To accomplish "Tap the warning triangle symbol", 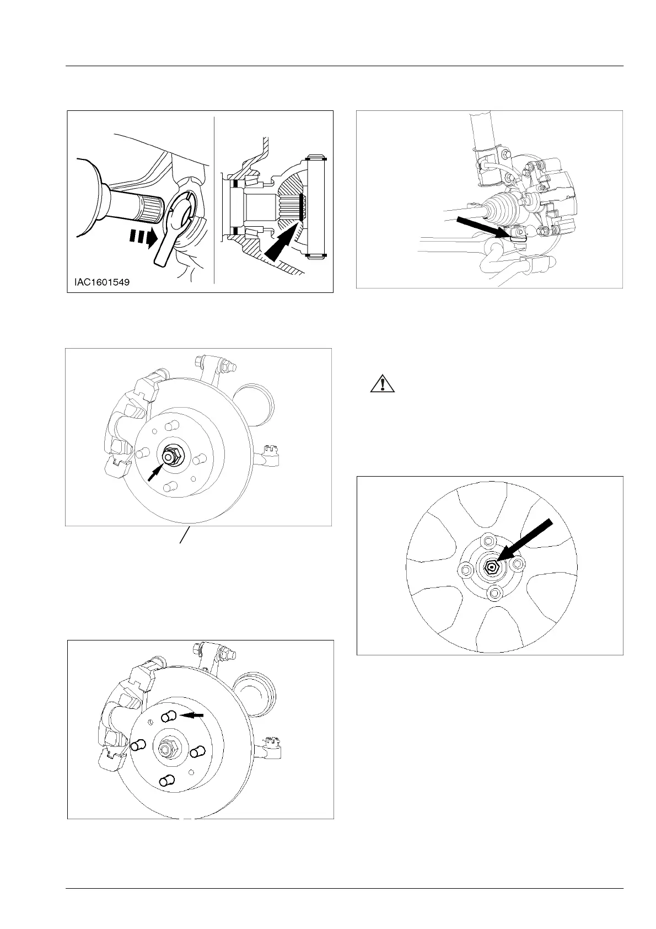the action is click(383, 383).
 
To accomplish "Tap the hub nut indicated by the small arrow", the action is click(169, 457).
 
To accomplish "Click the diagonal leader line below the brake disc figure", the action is click(186, 536).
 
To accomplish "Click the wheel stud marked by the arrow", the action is click(169, 716).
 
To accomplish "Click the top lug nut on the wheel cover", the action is click(488, 541).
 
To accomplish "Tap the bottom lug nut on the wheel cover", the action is click(495, 593).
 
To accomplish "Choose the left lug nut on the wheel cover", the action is click(466, 569).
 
